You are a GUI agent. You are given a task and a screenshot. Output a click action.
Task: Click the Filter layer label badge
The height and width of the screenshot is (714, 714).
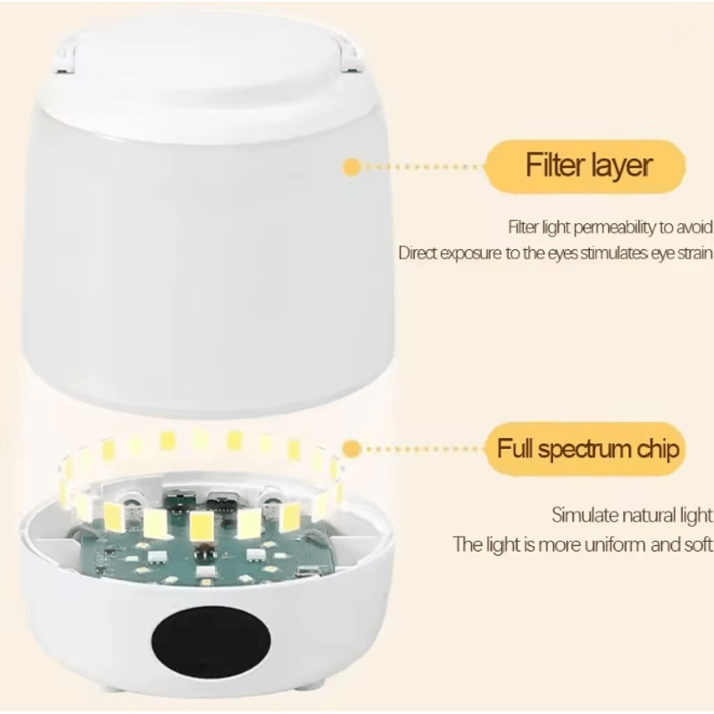[586, 166]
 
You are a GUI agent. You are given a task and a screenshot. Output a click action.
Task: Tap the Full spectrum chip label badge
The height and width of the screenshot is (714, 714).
[586, 448]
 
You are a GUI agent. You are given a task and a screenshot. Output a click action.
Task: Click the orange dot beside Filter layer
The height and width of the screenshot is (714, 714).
[352, 166]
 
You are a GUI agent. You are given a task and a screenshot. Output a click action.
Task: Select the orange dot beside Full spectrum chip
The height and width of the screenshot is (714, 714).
[352, 448]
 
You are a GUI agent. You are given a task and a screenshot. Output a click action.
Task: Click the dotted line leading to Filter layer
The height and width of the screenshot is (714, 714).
[419, 166]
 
